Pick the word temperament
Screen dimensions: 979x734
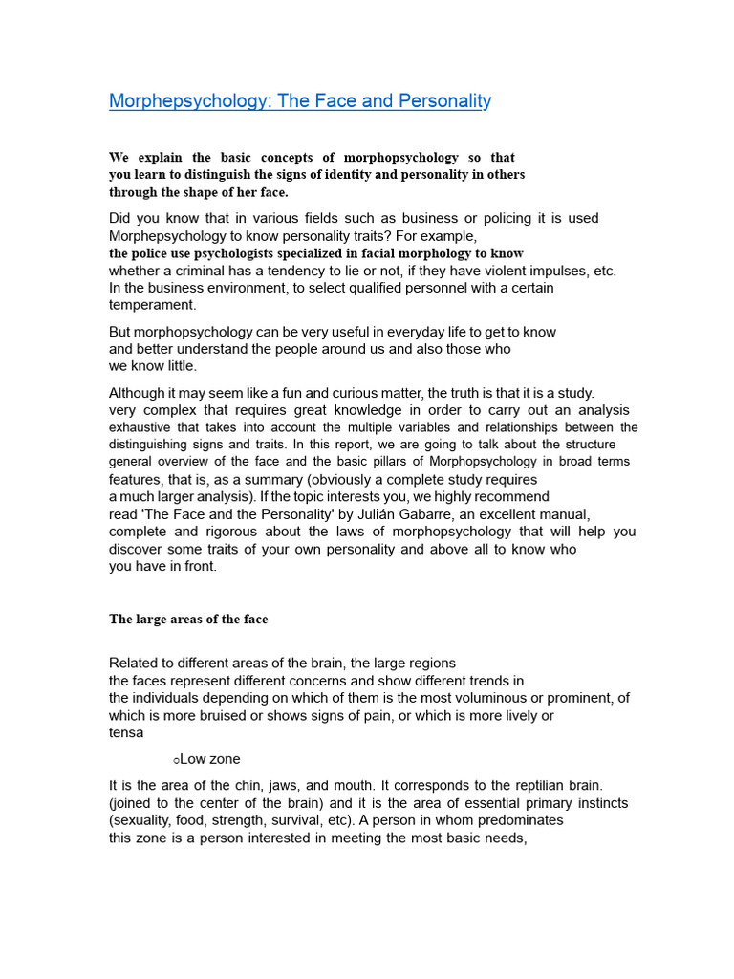[152, 305]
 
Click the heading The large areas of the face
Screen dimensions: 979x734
[188, 620]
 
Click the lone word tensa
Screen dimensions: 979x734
[126, 732]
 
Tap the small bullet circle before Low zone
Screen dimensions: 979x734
[177, 760]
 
